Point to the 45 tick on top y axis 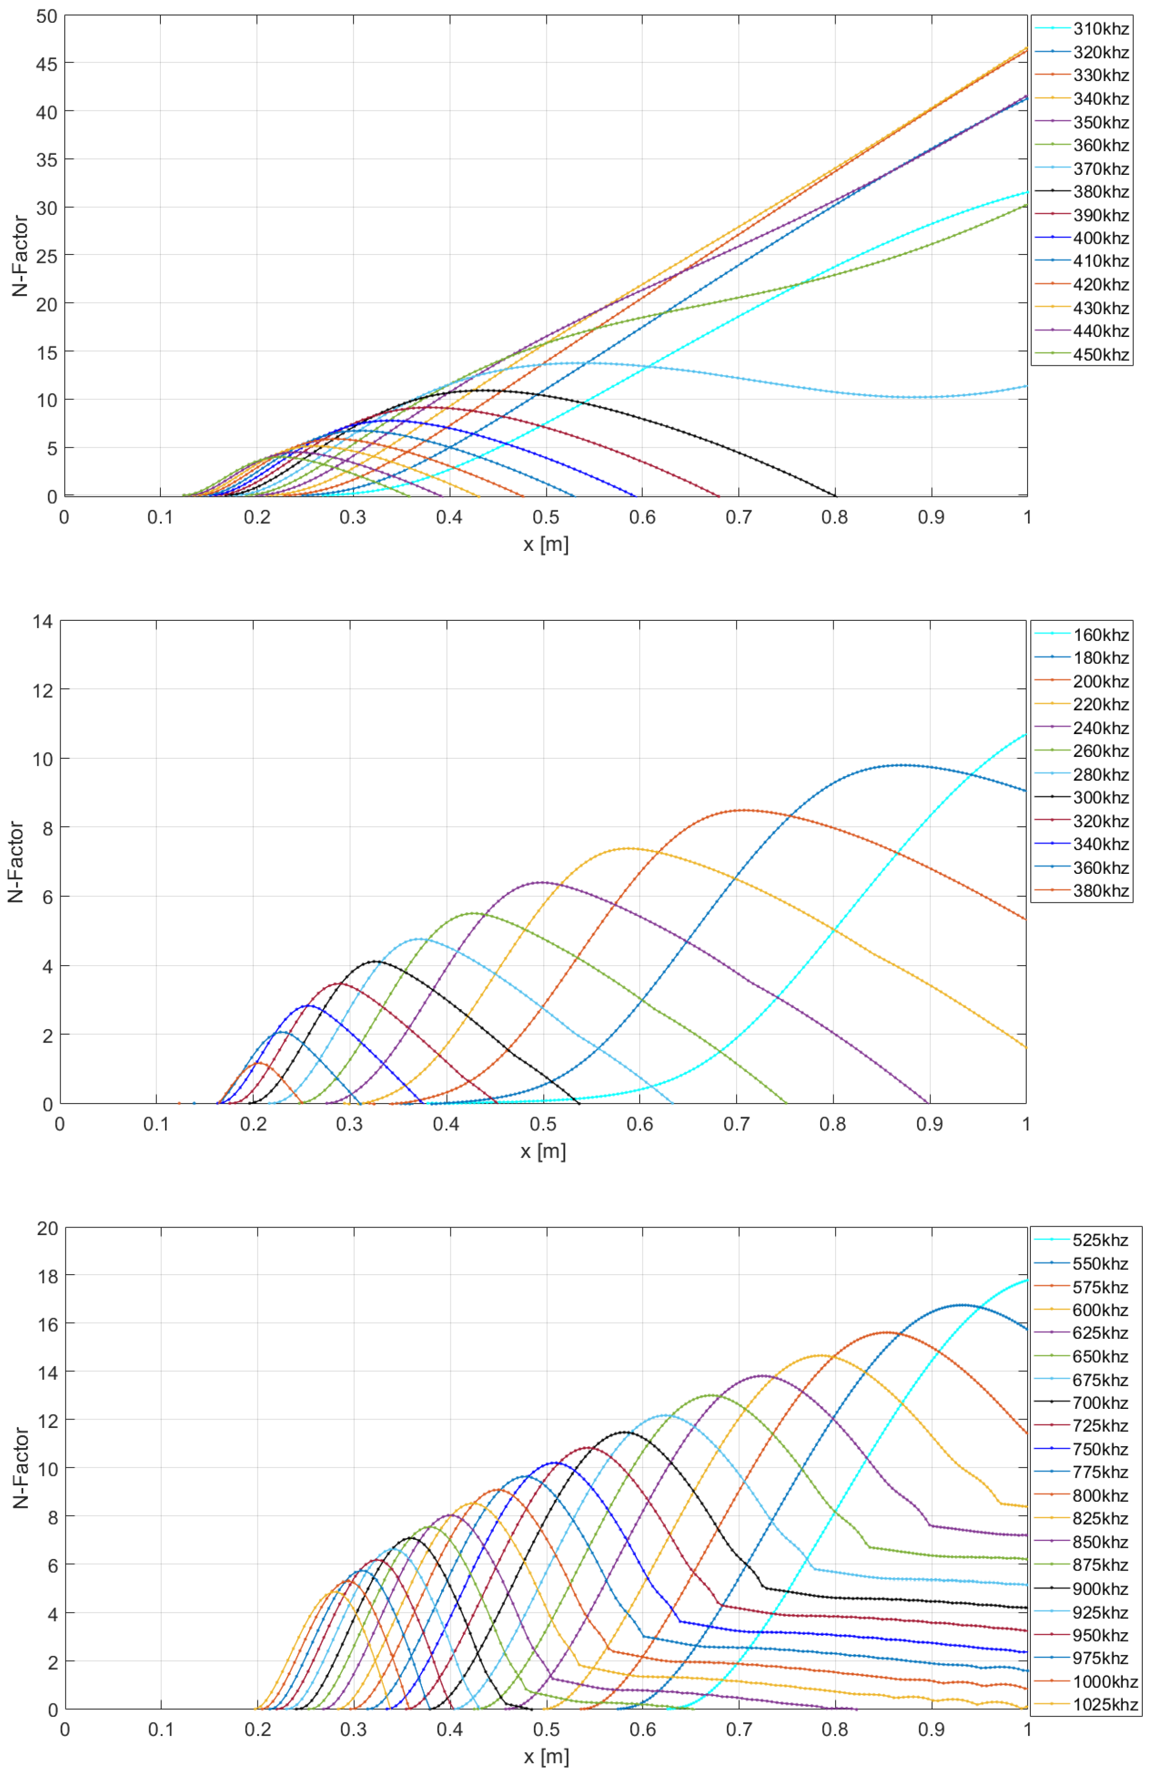tap(46, 63)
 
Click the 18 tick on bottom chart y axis tap(46, 1275)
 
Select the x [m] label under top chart tap(545, 544)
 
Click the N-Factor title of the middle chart tap(16, 862)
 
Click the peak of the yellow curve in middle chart tap(628, 848)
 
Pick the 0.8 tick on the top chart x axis tap(835, 517)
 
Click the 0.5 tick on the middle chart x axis tap(543, 1124)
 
